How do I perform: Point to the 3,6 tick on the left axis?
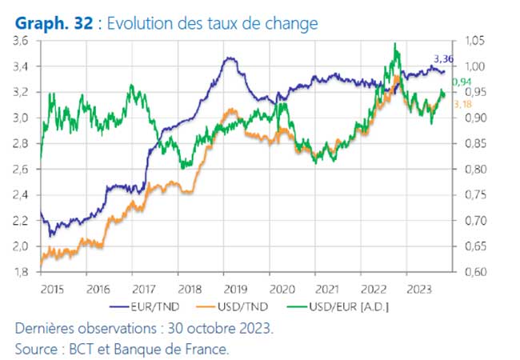pyautogui.click(x=22, y=41)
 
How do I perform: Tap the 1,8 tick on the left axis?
pyautogui.click(x=22, y=273)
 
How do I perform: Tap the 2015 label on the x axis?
pyautogui.click(x=52, y=287)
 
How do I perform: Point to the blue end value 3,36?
pyautogui.click(x=444, y=58)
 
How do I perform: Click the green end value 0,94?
pyautogui.click(x=462, y=82)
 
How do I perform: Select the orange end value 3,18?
pyautogui.click(x=462, y=104)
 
